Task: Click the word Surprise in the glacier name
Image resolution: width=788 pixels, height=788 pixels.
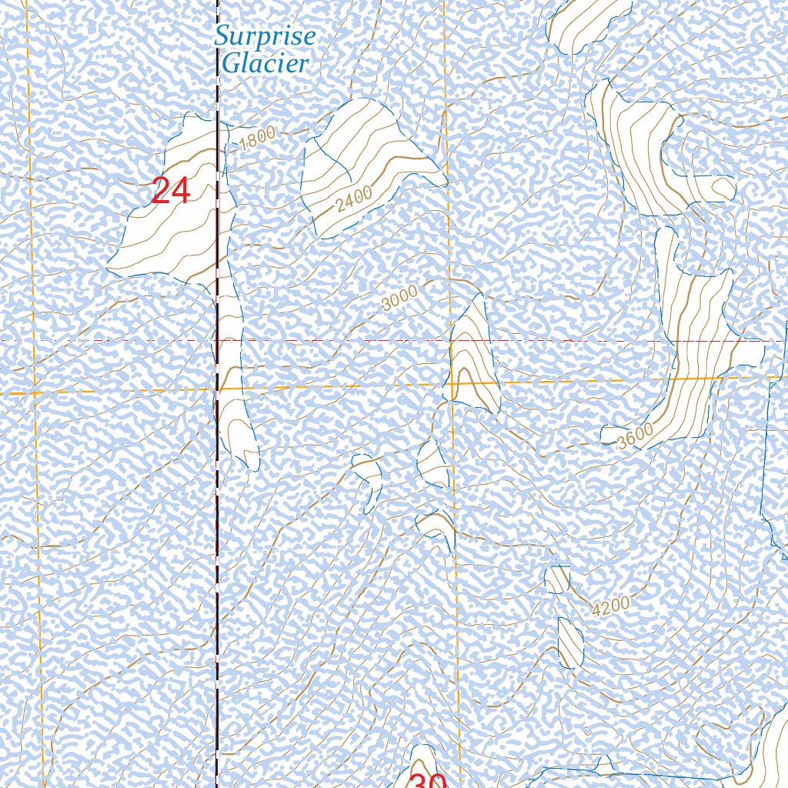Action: point(265,36)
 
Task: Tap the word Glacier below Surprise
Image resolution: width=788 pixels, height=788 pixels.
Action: point(265,63)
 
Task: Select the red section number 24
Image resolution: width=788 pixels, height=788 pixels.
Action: point(170,192)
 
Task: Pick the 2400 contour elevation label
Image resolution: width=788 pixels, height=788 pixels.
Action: point(354,199)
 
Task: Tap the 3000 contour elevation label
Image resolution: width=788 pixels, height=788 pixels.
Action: point(399,297)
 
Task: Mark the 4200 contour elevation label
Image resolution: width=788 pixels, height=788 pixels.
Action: point(611,606)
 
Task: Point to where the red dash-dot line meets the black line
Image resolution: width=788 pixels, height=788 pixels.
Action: point(216,339)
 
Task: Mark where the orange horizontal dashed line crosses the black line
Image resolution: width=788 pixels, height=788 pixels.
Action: point(216,390)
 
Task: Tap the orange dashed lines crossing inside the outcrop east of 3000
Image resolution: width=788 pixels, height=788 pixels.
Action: point(452,382)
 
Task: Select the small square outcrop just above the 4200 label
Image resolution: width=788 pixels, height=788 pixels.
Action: point(557,579)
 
